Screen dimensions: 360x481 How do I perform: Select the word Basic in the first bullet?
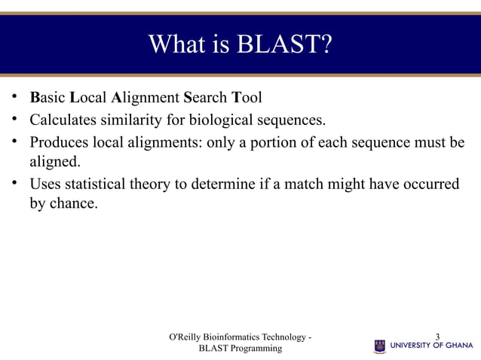click(x=47, y=98)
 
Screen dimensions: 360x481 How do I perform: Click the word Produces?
click(x=59, y=142)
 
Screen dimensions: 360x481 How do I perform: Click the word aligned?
click(x=54, y=161)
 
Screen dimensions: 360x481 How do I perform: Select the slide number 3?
click(x=439, y=337)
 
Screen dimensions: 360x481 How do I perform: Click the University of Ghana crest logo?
click(x=380, y=346)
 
